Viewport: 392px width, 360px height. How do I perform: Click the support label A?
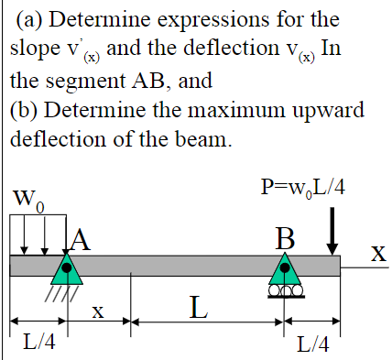coord(81,239)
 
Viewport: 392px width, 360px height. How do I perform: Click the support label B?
coord(287,239)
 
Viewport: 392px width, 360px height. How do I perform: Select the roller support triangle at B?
coord(287,268)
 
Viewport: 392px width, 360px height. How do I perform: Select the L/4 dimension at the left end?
coord(37,342)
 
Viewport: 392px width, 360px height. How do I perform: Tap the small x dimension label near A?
coord(98,312)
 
